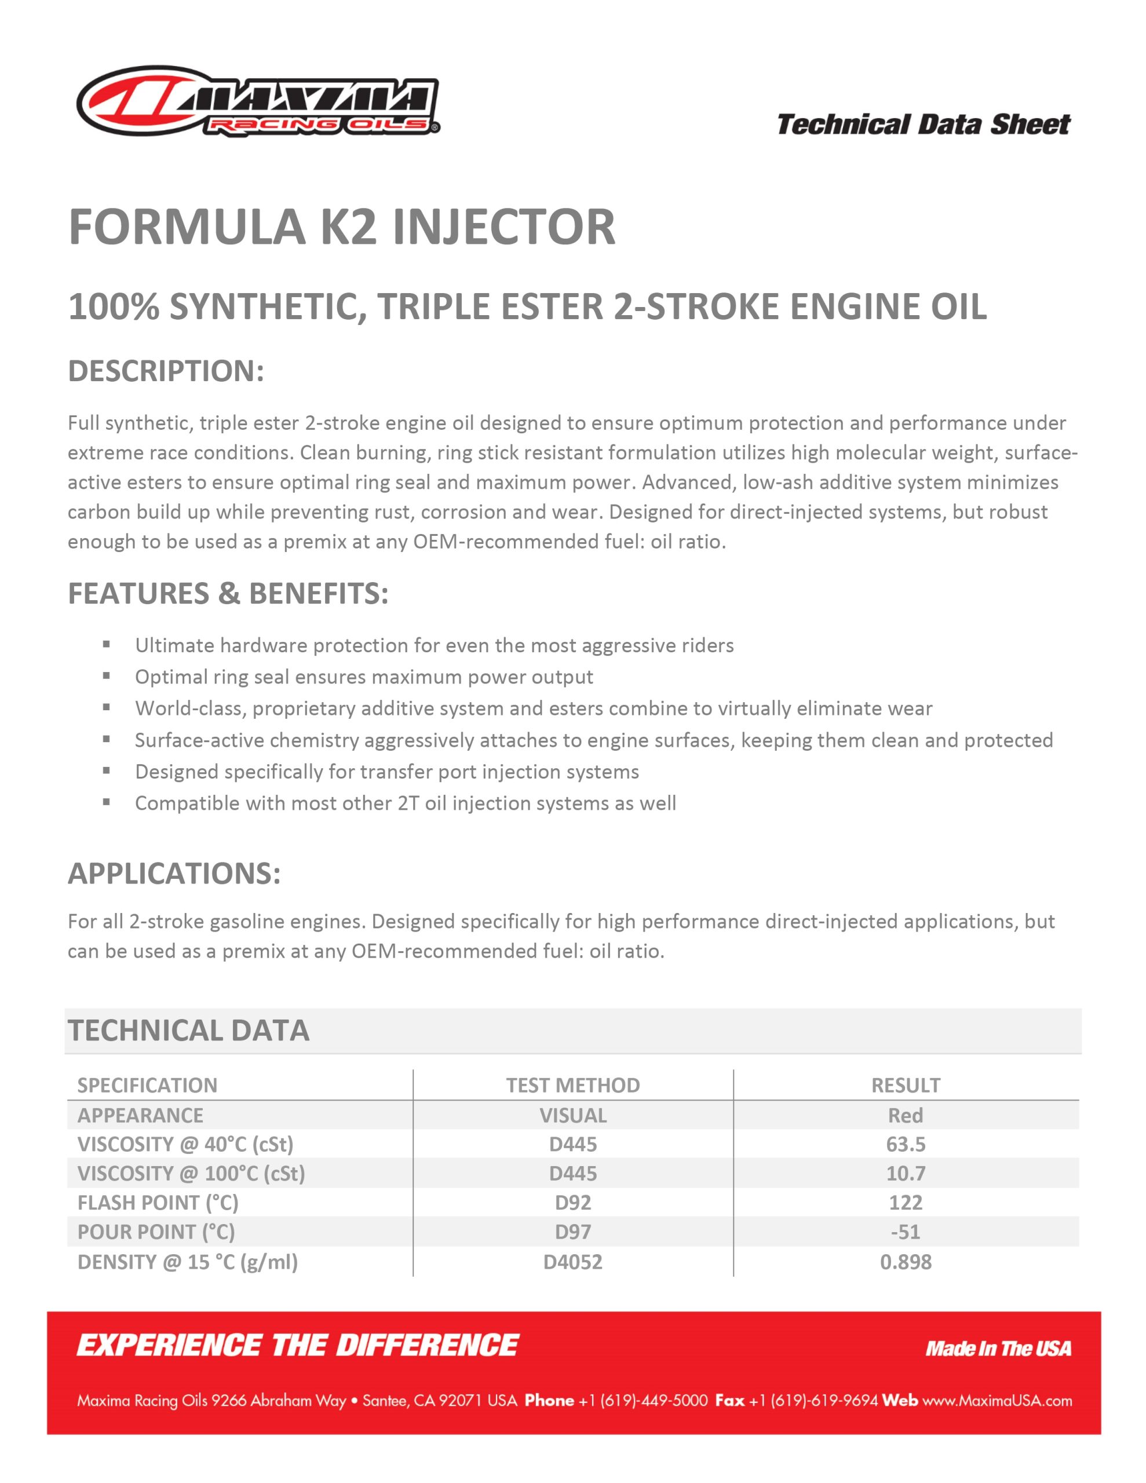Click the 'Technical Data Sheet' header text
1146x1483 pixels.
tap(923, 125)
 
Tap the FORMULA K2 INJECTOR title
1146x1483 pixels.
tap(342, 227)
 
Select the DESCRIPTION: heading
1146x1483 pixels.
tap(166, 371)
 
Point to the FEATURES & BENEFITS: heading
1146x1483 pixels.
tap(228, 593)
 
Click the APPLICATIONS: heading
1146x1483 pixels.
tap(174, 873)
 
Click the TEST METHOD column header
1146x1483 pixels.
tap(572, 1085)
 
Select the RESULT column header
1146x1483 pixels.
tap(906, 1085)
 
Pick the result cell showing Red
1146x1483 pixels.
tap(906, 1115)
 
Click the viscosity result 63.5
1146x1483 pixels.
tap(906, 1144)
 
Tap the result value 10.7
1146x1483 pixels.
tap(906, 1173)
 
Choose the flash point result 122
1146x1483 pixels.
tap(906, 1203)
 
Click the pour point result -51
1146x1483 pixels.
tap(906, 1232)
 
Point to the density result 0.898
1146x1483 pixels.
tap(906, 1262)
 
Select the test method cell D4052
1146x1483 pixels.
tap(572, 1262)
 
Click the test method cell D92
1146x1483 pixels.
tap(572, 1203)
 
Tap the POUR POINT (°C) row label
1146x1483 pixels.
tap(156, 1232)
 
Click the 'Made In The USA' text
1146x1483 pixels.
tap(998, 1349)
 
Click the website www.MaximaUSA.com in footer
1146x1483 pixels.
tap(997, 1400)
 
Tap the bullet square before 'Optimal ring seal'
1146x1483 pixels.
tap(107, 675)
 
